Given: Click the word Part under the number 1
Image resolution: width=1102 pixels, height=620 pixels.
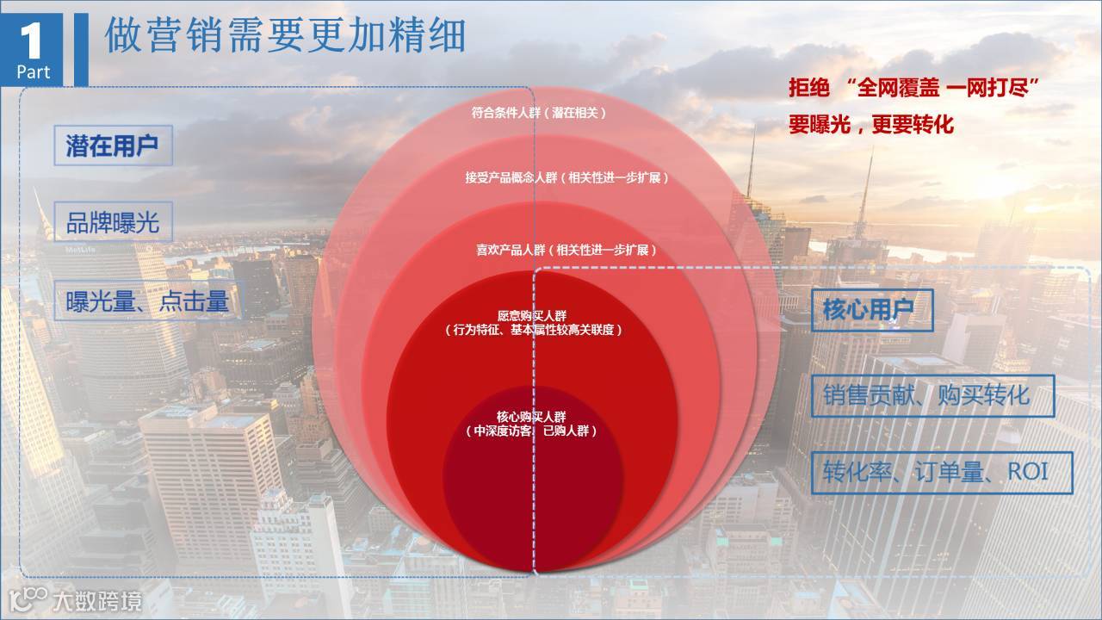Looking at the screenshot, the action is (x=34, y=72).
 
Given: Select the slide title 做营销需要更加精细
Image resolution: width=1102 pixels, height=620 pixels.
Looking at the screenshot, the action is (x=285, y=35).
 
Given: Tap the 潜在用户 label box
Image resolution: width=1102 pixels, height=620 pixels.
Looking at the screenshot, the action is (x=112, y=146).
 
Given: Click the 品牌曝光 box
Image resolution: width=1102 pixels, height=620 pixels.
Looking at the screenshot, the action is (x=113, y=222).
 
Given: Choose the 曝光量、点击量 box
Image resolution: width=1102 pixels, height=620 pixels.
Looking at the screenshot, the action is (x=147, y=301).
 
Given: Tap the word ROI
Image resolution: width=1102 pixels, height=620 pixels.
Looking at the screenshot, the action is (x=1027, y=473).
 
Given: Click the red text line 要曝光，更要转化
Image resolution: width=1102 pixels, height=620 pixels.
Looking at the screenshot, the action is (x=871, y=124).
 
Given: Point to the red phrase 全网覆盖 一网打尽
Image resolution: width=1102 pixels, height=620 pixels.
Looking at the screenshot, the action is (x=944, y=87).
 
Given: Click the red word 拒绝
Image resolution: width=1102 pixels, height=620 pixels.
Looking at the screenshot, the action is (x=809, y=87).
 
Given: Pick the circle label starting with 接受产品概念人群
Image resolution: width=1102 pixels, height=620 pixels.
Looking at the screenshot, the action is (x=566, y=177).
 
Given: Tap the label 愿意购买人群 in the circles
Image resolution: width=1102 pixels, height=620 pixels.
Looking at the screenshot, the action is (x=531, y=315).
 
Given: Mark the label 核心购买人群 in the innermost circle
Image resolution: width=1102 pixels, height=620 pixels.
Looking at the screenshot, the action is (x=531, y=417).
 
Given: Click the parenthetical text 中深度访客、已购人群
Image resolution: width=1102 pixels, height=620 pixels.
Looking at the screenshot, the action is (x=531, y=431).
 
